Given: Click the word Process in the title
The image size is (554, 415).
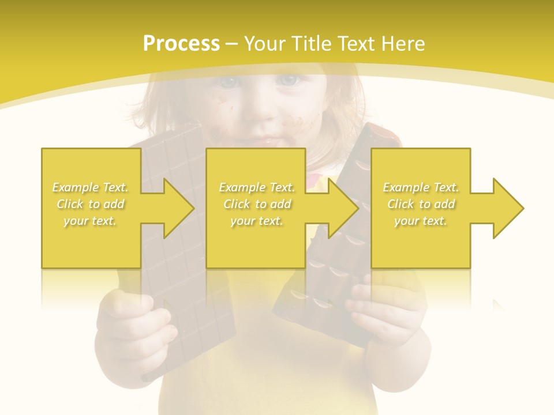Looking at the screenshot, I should point(181,44).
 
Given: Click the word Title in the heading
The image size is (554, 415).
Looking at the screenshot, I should point(310,44).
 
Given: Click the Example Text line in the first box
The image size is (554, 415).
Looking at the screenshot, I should point(91,187).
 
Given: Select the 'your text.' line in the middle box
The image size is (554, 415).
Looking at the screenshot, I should point(256,221).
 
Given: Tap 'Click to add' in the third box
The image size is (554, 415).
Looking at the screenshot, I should point(421,204).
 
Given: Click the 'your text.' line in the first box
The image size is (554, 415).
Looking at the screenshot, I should point(90,221).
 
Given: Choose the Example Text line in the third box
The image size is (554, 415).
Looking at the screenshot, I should point(421,187).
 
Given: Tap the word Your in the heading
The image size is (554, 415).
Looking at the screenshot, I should point(265,44).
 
